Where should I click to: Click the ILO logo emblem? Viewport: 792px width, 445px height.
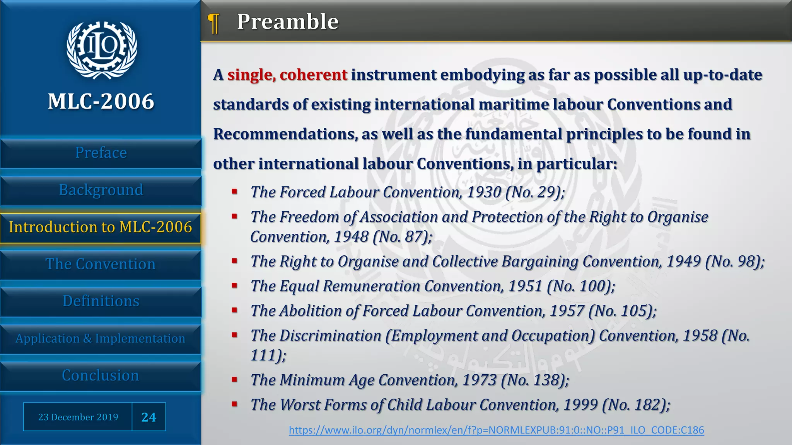[101, 49]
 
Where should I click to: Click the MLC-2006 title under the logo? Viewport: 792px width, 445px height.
[101, 102]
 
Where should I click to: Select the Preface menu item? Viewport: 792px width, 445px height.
[101, 153]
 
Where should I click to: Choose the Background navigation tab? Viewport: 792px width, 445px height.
[101, 190]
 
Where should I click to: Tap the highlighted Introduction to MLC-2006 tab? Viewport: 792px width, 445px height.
[101, 227]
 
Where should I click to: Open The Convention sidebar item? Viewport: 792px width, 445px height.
[101, 264]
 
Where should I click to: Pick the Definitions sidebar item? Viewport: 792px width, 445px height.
[101, 301]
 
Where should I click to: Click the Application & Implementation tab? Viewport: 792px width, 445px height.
[101, 338]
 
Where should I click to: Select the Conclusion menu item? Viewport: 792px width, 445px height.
[101, 375]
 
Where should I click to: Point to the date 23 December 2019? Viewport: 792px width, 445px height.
[78, 417]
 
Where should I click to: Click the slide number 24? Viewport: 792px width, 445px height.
[149, 417]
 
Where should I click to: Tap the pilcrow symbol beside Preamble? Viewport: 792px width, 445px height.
[213, 23]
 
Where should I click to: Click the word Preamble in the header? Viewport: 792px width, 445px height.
[288, 22]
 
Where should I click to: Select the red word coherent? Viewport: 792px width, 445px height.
[314, 75]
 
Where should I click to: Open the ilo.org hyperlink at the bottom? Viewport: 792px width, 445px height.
[496, 430]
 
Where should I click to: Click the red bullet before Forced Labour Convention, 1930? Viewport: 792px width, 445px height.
[234, 191]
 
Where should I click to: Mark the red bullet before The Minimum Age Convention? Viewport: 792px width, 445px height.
[234, 379]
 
